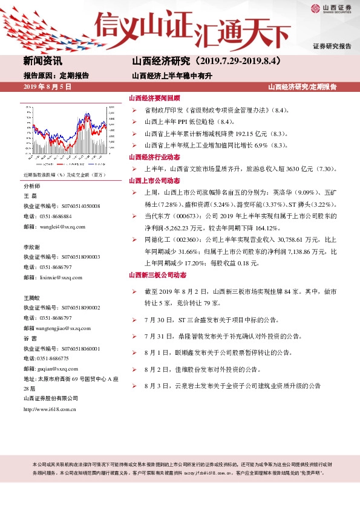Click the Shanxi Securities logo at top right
point(331,8)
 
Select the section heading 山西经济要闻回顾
point(154,98)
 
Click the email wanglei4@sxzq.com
point(58,226)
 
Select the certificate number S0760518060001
point(73,349)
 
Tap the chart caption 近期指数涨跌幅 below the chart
point(42,175)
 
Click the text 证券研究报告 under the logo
point(332,47)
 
